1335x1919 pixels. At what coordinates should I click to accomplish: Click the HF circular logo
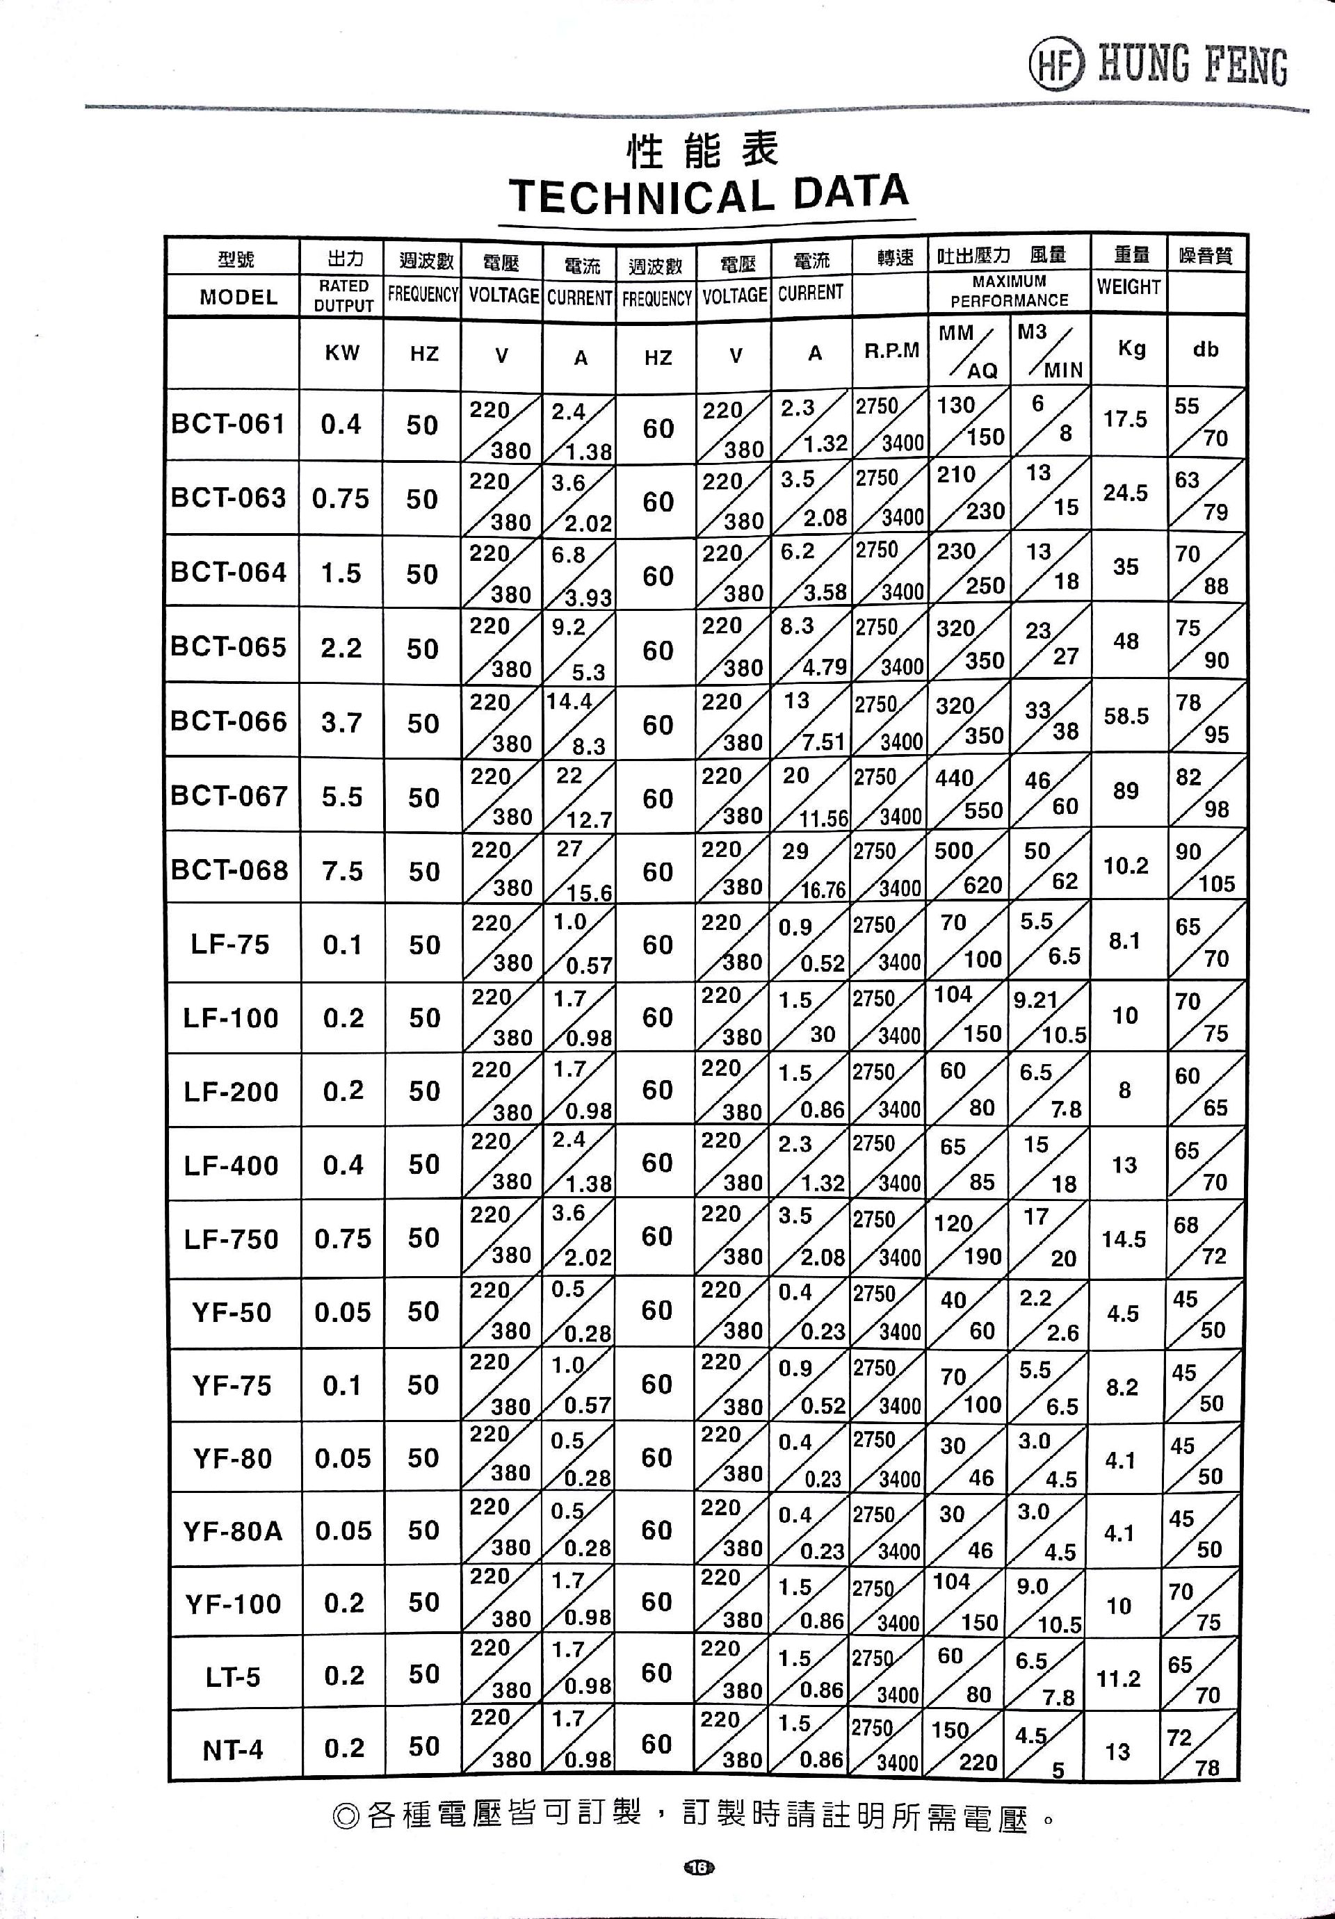1055,66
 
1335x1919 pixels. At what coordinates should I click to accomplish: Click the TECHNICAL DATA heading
708,195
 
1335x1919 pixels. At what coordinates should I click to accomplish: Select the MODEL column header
238,297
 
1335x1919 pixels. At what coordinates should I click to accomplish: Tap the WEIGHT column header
1128,286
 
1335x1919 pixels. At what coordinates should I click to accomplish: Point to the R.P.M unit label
891,351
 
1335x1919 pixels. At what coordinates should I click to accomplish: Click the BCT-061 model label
228,425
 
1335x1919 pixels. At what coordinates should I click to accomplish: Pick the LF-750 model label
231,1239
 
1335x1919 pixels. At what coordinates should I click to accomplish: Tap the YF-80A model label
232,1531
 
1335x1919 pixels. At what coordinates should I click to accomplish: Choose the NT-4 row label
232,1749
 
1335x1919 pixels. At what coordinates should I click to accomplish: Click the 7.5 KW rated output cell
342,871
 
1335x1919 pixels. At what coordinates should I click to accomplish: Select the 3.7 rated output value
342,722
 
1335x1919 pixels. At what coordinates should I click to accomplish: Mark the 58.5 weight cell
1126,717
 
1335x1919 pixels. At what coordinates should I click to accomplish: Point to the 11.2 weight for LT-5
1119,1679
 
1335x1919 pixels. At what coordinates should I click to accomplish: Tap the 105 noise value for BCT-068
1216,884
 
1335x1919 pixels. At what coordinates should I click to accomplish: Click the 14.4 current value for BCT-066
569,701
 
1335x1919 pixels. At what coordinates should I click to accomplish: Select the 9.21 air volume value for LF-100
1036,1000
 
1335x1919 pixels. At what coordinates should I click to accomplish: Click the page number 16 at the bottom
699,1867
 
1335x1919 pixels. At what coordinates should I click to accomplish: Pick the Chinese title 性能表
702,150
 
